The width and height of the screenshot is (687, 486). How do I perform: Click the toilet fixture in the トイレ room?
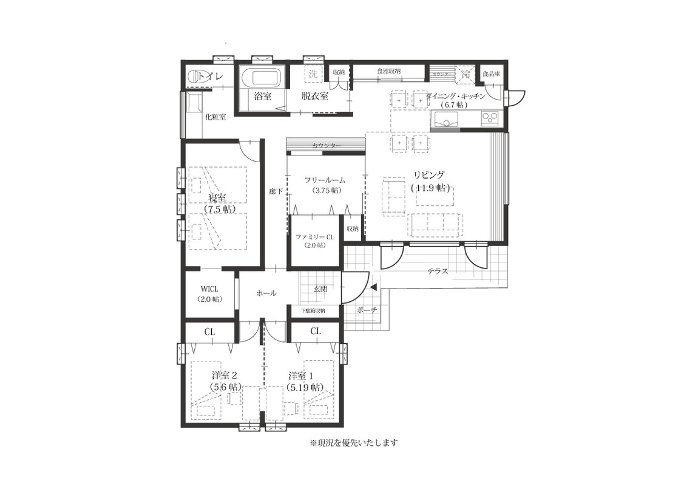tap(194, 77)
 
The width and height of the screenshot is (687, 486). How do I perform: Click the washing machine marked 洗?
tap(313, 74)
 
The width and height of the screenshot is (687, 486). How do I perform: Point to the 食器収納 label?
tap(388, 72)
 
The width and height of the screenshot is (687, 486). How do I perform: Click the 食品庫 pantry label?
tap(491, 74)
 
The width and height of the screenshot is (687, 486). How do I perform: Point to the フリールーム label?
tap(325, 180)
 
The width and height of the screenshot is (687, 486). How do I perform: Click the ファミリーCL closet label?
tap(314, 236)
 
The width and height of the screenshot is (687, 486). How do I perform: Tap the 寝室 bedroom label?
tap(217, 197)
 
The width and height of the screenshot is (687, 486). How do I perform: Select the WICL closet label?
tap(209, 289)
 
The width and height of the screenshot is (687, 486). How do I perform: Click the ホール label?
tap(266, 293)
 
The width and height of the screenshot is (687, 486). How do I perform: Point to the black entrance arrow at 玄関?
tap(373, 287)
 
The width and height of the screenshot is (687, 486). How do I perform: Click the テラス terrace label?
tap(437, 272)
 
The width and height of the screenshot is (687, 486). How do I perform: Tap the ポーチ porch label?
tap(368, 309)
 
